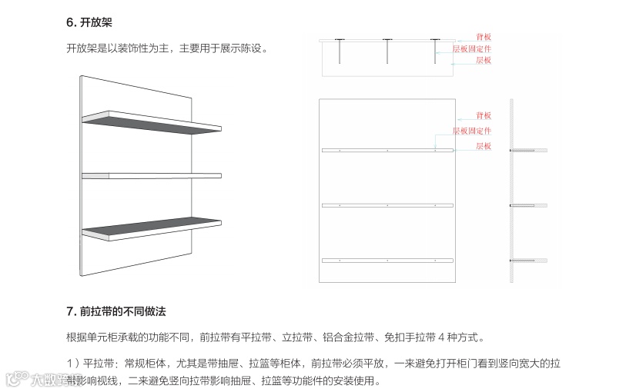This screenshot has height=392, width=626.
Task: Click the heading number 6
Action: point(71,24)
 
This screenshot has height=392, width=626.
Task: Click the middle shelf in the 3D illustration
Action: point(154,176)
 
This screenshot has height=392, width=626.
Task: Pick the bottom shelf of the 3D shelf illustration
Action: point(154,230)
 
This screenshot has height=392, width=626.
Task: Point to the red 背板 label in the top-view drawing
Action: point(483,36)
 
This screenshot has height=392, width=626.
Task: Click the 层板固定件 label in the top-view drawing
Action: point(471,48)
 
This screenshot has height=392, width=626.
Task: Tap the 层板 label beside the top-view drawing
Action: point(483,59)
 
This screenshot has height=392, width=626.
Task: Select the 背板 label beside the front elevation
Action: point(483,115)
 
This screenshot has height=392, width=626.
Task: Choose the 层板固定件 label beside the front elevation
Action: point(471,131)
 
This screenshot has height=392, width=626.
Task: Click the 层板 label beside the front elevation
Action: point(483,145)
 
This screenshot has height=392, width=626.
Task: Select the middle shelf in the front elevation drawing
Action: point(387,205)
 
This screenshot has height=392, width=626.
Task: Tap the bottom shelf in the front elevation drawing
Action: point(387,261)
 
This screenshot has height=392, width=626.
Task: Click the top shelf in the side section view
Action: point(530,151)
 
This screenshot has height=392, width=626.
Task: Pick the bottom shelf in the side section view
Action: point(530,261)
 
